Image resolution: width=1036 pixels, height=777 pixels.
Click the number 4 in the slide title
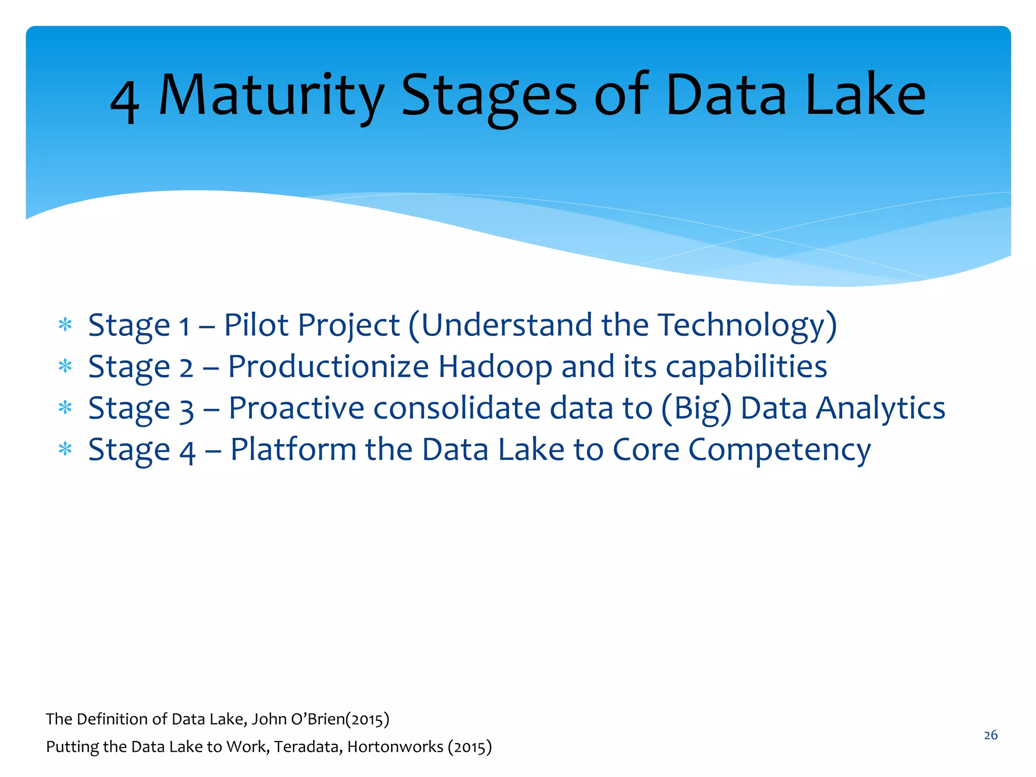tap(124, 99)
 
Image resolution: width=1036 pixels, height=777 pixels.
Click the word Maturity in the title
tap(271, 95)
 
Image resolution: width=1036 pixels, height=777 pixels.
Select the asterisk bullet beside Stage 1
tap(65, 324)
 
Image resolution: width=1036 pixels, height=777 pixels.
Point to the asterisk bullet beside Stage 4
tap(65, 449)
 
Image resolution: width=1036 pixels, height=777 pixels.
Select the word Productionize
tap(328, 366)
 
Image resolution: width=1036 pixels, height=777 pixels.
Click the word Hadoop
tap(495, 366)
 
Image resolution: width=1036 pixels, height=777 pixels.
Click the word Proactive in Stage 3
tap(296, 408)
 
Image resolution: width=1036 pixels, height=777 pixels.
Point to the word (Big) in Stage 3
tap(697, 409)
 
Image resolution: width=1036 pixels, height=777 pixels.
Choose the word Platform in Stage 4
tap(293, 449)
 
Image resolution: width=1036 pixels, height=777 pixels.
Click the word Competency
tap(780, 450)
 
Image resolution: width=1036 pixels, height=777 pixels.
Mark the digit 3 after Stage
tap(187, 410)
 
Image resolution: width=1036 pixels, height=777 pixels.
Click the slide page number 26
tap(990, 735)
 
